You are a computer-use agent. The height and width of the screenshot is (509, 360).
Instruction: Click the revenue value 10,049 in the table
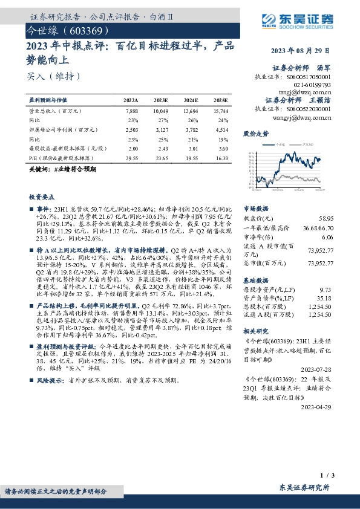pos(160,112)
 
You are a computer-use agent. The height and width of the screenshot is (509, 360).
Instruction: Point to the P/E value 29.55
pos(131,157)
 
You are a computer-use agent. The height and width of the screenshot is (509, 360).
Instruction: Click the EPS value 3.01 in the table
pos(191,148)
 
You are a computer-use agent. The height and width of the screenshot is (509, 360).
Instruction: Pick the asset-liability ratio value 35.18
pos(342,297)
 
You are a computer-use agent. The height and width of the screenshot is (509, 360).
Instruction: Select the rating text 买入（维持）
pos(54,77)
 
